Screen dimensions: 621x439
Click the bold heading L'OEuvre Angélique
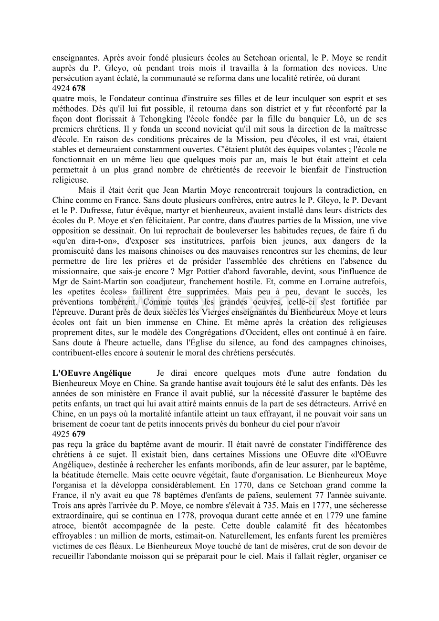coord(92,373)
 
